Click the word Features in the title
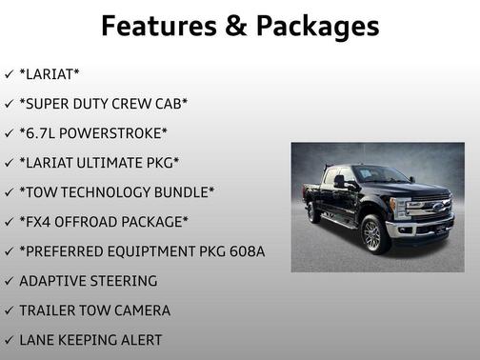[156, 25]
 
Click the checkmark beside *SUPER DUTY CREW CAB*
[10, 103]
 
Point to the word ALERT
[135, 339]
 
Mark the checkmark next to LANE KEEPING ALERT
[10, 339]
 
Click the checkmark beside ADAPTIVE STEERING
[10, 280]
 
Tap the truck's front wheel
[372, 234]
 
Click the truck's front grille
[434, 210]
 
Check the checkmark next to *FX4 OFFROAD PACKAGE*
[10, 221]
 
